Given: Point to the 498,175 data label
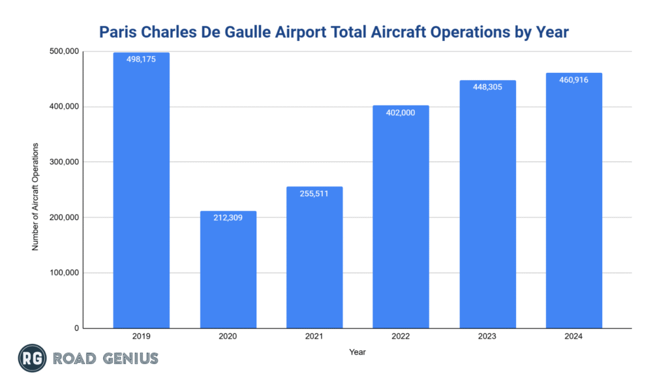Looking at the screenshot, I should pyautogui.click(x=141, y=59).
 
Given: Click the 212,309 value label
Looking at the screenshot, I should pyautogui.click(x=228, y=218).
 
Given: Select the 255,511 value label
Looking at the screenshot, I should pyautogui.click(x=314, y=193).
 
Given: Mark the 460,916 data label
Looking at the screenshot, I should pyautogui.click(x=574, y=79).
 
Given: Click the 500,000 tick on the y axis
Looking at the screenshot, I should pyautogui.click(x=64, y=51).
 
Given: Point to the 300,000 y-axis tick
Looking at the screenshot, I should pyautogui.click(x=64, y=162).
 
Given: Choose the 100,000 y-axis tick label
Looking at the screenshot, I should pyautogui.click(x=64, y=273).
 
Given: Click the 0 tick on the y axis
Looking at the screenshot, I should pyautogui.click(x=76, y=328).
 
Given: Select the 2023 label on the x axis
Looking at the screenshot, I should pyautogui.click(x=487, y=337).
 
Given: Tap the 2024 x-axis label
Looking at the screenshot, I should pyautogui.click(x=574, y=337).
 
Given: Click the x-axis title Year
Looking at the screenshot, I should pyautogui.click(x=357, y=352).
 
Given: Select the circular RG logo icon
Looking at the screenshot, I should pyautogui.click(x=31, y=358).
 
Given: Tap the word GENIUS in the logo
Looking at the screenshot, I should pyautogui.click(x=129, y=358).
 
